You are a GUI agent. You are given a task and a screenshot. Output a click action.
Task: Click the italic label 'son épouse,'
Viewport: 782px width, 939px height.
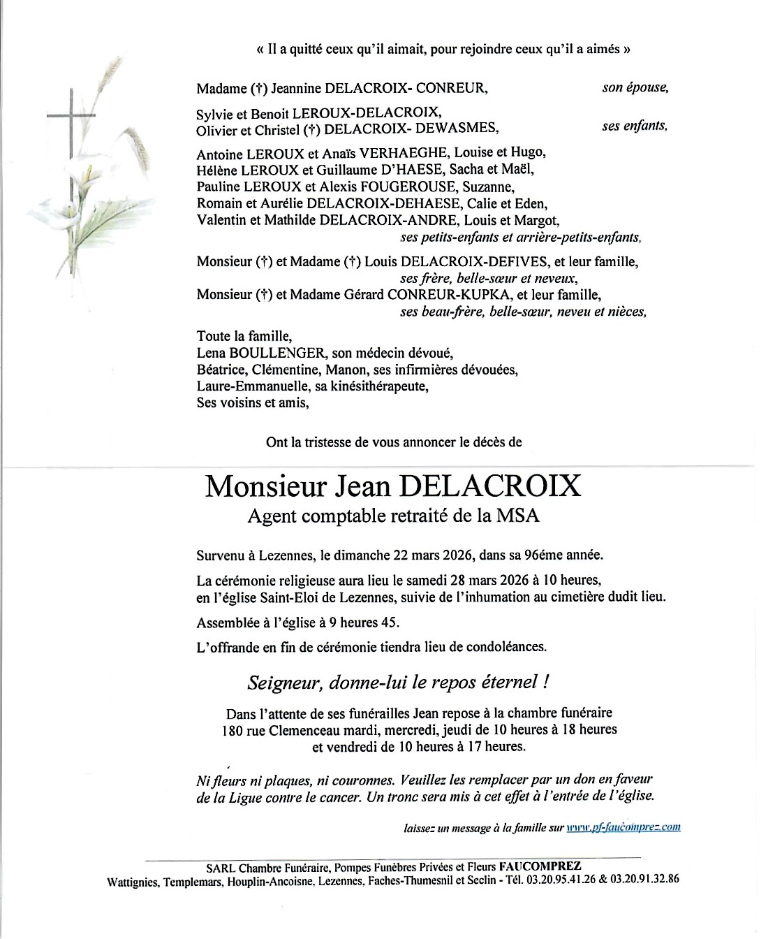tap(635, 88)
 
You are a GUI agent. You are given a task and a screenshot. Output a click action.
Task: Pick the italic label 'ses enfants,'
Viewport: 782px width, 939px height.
tap(635, 126)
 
